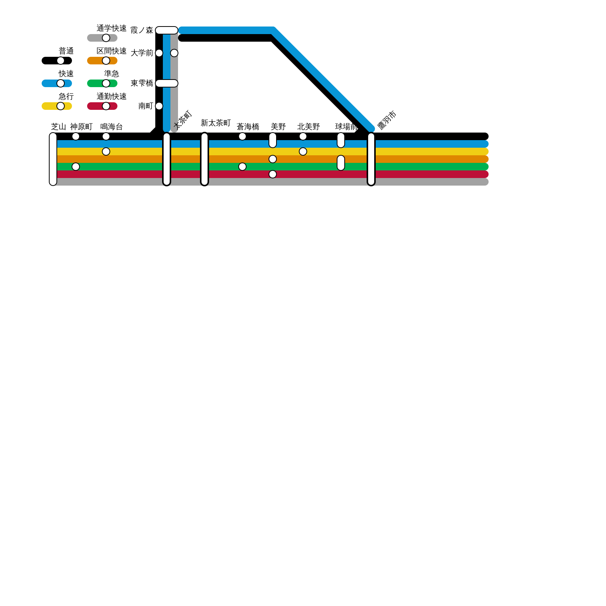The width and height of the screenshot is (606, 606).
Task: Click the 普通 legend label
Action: [66, 51]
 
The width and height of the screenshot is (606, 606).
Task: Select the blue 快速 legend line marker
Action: [57, 83]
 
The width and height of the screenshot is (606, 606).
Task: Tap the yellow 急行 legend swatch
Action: [57, 106]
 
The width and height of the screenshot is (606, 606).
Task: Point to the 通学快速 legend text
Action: [111, 28]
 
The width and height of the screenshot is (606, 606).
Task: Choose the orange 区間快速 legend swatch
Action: [102, 61]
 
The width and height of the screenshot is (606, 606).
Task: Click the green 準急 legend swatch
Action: [102, 83]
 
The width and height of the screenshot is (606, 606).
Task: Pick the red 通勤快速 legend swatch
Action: [102, 106]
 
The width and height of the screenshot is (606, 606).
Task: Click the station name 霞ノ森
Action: [142, 30]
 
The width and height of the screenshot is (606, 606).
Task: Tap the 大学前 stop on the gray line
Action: [174, 53]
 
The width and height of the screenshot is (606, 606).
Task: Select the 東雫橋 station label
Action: [142, 83]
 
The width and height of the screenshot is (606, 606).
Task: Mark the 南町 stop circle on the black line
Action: [159, 106]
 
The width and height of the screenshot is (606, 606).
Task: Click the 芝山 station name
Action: [58, 127]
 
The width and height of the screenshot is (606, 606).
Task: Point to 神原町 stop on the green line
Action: [76, 167]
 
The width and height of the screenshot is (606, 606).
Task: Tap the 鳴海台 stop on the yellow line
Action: [106, 151]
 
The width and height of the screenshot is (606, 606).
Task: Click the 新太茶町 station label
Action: [216, 123]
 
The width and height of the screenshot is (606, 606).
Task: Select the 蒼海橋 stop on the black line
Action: [242, 136]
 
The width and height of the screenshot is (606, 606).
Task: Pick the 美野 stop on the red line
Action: [273, 174]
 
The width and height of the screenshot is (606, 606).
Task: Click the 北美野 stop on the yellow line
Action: [303, 151]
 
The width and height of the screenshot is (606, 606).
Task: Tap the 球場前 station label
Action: [346, 127]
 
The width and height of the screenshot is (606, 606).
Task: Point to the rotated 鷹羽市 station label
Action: [387, 120]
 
